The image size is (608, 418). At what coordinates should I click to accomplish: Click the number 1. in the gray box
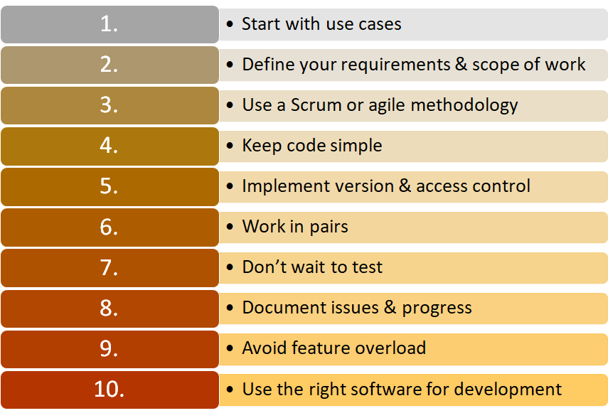click(x=109, y=24)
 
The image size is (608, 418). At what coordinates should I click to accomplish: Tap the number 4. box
click(x=109, y=146)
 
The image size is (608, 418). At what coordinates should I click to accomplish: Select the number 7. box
click(x=109, y=268)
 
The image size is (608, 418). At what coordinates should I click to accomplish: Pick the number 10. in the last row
click(x=109, y=390)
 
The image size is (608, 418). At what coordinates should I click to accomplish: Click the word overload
click(x=390, y=348)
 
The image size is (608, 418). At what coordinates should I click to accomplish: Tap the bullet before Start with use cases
click(x=230, y=24)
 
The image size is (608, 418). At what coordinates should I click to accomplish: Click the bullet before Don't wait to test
click(x=230, y=268)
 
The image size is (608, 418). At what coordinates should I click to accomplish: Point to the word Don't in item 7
click(x=263, y=267)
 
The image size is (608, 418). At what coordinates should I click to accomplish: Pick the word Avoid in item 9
click(x=262, y=348)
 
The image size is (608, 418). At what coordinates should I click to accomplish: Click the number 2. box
click(x=109, y=65)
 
